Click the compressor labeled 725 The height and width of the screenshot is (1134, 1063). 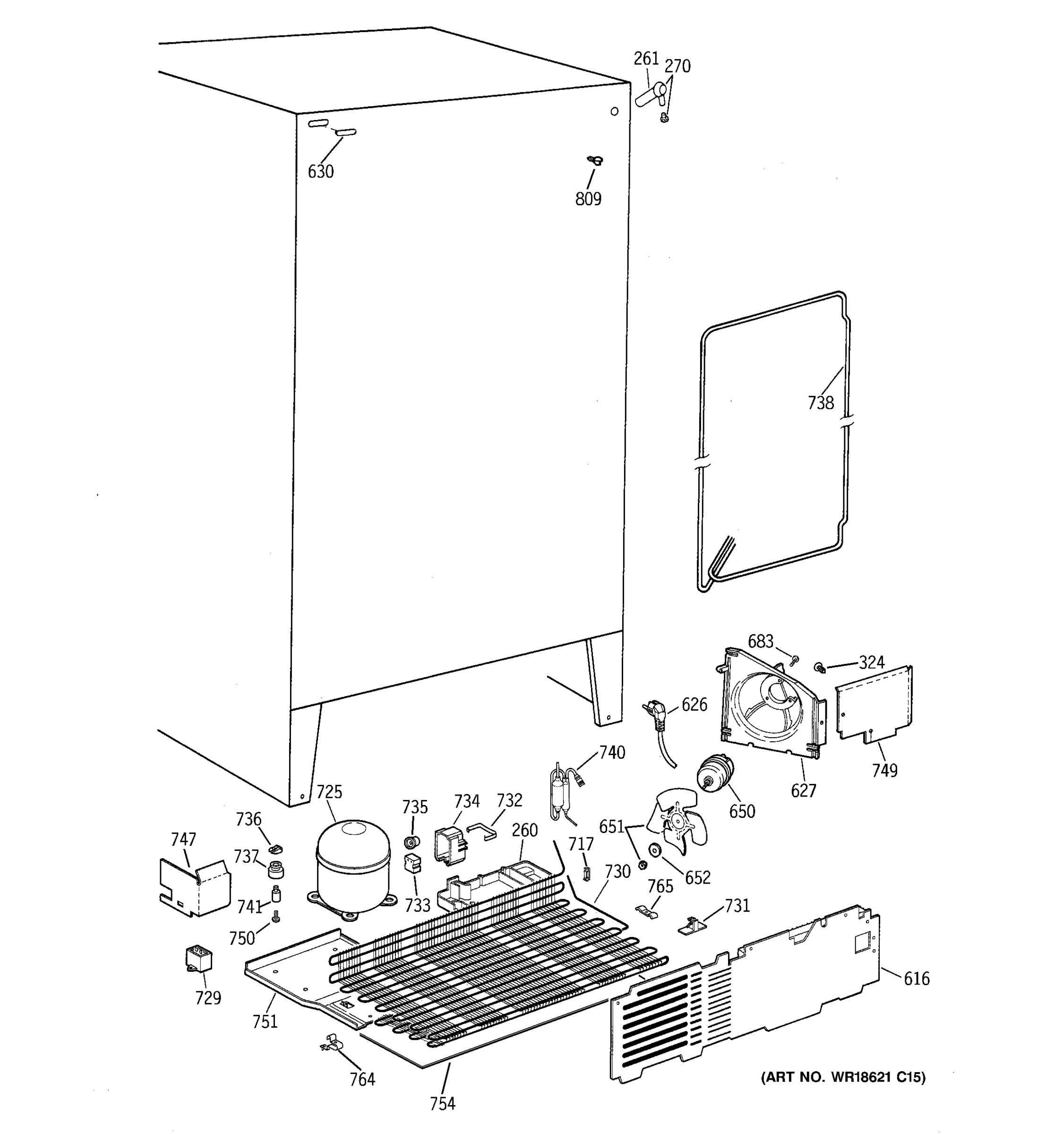352,866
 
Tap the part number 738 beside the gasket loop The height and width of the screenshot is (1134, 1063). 821,404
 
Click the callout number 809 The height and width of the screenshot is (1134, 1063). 588,198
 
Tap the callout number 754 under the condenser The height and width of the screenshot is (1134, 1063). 443,1104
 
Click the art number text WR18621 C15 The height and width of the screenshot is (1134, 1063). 842,1077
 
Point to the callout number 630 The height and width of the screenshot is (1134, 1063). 320,172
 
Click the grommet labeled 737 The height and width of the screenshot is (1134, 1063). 276,869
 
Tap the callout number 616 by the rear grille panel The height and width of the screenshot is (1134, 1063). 917,979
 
